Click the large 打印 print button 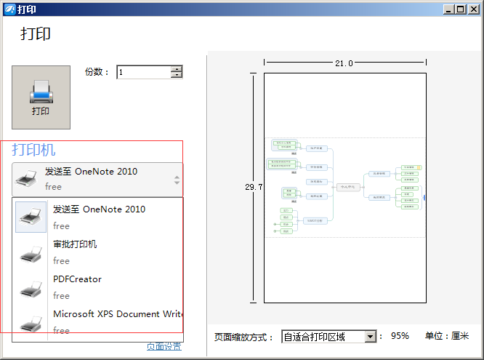click(x=41, y=97)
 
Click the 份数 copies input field click(x=143, y=72)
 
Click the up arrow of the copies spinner click(x=177, y=69)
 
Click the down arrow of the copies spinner click(x=177, y=75)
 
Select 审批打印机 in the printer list click(x=75, y=244)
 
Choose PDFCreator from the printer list click(x=77, y=279)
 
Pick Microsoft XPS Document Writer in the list click(x=116, y=314)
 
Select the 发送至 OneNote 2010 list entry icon click(x=31, y=217)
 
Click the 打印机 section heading click(x=33, y=150)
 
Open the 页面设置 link click(x=164, y=347)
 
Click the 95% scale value click(x=400, y=337)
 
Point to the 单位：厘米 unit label click(x=447, y=337)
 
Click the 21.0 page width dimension click(x=344, y=63)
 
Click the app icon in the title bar click(x=9, y=9)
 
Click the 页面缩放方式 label click(x=244, y=337)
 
